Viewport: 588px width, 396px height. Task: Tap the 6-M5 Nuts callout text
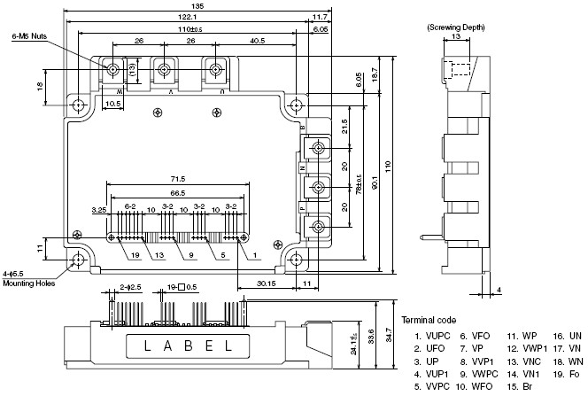click(x=29, y=36)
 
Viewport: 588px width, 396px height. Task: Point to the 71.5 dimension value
click(x=177, y=180)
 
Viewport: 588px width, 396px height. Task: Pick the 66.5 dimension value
click(x=177, y=192)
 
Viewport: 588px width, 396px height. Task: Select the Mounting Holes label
click(x=30, y=283)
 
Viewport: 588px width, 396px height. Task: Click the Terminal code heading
click(x=429, y=320)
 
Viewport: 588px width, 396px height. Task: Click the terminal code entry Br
click(x=526, y=387)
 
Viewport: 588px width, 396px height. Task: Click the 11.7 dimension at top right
click(x=320, y=18)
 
